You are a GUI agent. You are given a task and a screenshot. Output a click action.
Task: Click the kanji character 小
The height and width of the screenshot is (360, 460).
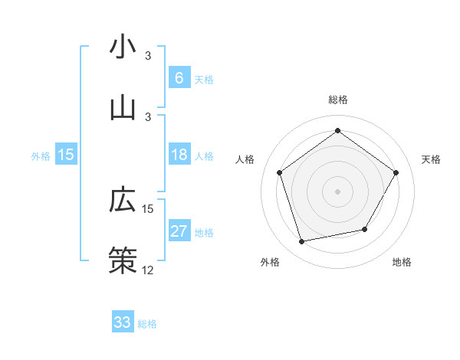click(x=123, y=47)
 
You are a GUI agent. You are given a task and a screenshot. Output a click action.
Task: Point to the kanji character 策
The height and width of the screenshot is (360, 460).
click(x=123, y=259)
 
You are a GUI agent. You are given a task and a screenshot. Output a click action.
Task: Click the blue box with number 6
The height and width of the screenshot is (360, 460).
click(x=179, y=78)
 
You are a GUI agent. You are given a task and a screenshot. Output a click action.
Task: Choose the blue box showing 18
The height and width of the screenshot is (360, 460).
click(x=179, y=155)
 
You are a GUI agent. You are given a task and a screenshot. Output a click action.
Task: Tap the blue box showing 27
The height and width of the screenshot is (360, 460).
click(x=179, y=231)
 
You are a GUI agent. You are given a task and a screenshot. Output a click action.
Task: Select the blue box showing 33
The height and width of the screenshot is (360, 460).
click(x=123, y=322)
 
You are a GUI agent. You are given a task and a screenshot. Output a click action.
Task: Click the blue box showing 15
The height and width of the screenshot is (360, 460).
click(x=66, y=155)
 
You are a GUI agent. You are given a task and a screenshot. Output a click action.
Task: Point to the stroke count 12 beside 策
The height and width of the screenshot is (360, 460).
click(x=148, y=270)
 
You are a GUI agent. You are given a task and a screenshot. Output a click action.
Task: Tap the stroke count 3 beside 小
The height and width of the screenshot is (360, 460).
click(x=148, y=56)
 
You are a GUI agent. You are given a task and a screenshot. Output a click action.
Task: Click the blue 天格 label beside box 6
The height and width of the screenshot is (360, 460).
click(x=204, y=80)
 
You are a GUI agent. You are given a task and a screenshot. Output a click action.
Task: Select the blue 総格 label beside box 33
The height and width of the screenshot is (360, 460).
click(x=147, y=324)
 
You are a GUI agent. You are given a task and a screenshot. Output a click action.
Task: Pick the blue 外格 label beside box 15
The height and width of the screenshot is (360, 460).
click(x=41, y=156)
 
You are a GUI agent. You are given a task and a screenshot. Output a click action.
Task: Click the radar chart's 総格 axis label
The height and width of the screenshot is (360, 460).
click(x=338, y=100)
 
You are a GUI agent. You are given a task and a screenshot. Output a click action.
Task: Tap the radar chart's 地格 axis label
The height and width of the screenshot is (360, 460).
click(x=402, y=263)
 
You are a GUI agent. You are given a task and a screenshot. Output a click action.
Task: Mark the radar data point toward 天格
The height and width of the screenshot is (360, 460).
click(x=396, y=172)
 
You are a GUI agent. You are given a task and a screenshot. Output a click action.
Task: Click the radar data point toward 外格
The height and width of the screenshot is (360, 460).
click(x=302, y=241)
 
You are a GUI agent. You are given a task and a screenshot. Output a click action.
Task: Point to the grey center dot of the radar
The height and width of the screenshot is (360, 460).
click(x=338, y=191)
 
